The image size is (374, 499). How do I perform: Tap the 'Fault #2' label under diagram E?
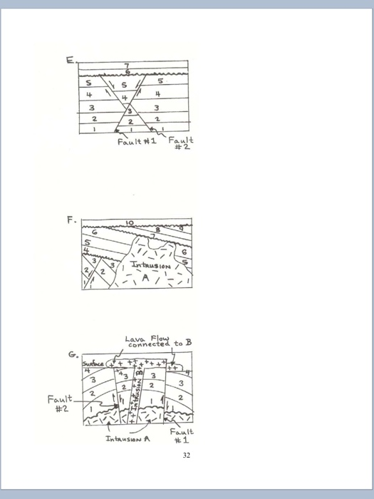(x=180, y=145)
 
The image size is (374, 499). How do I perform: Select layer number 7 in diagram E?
(x=128, y=66)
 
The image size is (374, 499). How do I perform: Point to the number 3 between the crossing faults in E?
(x=129, y=111)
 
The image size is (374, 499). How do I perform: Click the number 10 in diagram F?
(x=130, y=223)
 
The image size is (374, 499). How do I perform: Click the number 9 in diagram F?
(x=181, y=227)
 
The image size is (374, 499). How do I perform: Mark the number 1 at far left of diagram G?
(x=91, y=408)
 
